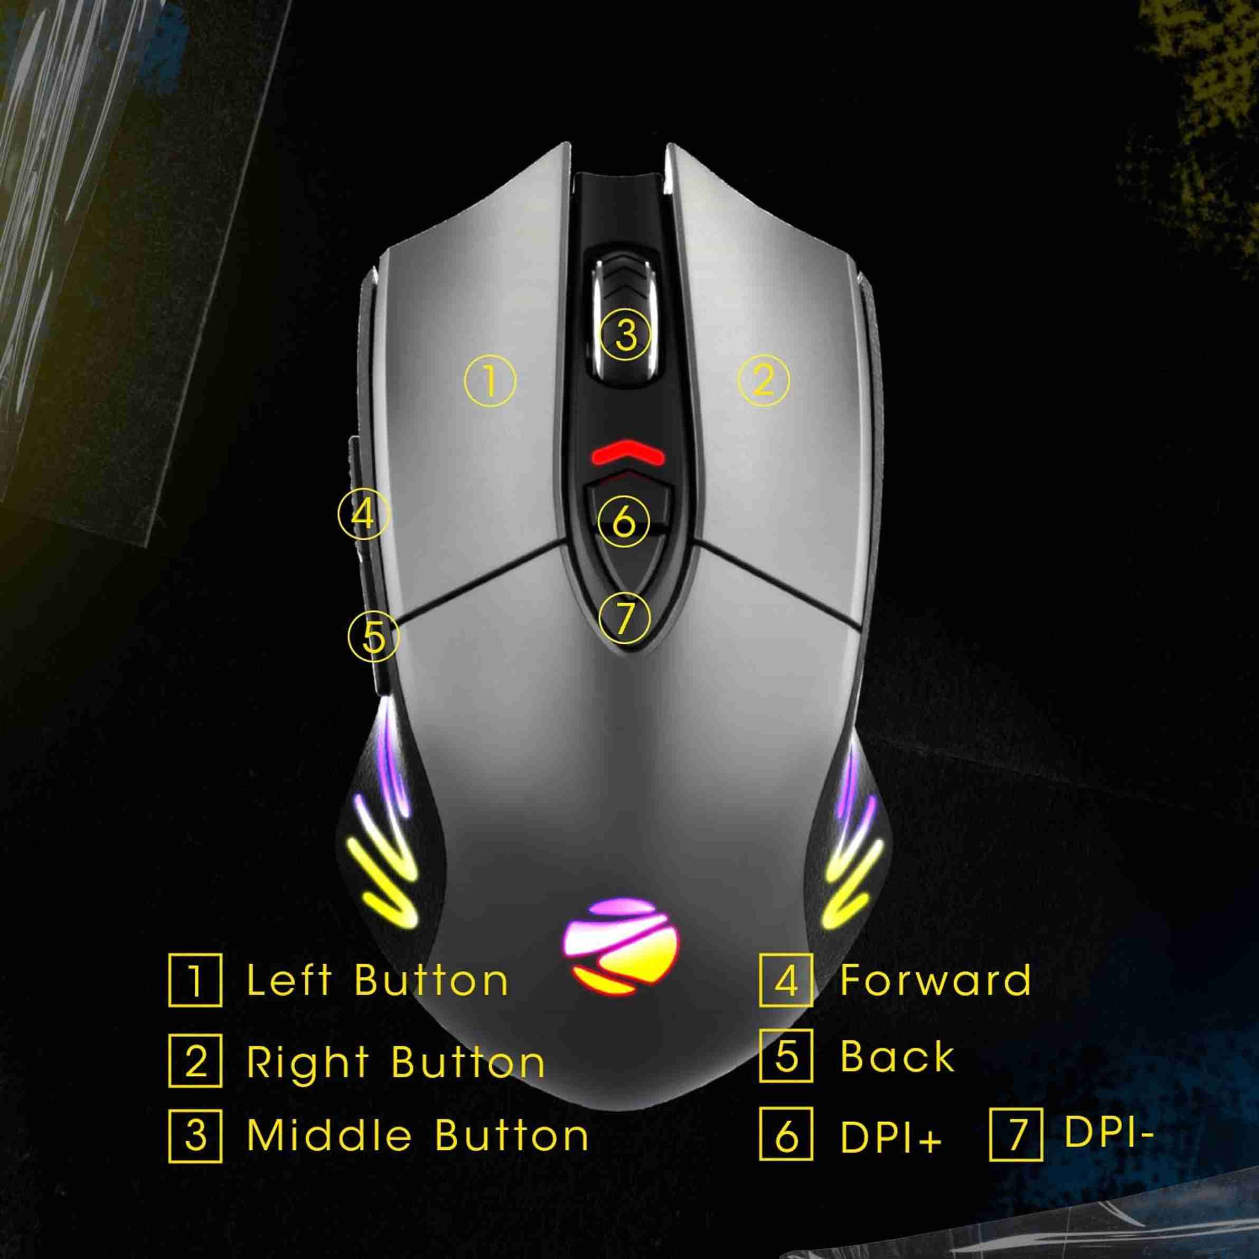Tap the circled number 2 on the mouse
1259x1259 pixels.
(x=763, y=381)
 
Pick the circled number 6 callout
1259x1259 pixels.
(x=624, y=522)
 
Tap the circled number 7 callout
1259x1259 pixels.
(x=624, y=618)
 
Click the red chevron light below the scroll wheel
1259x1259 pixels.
(x=627, y=453)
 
